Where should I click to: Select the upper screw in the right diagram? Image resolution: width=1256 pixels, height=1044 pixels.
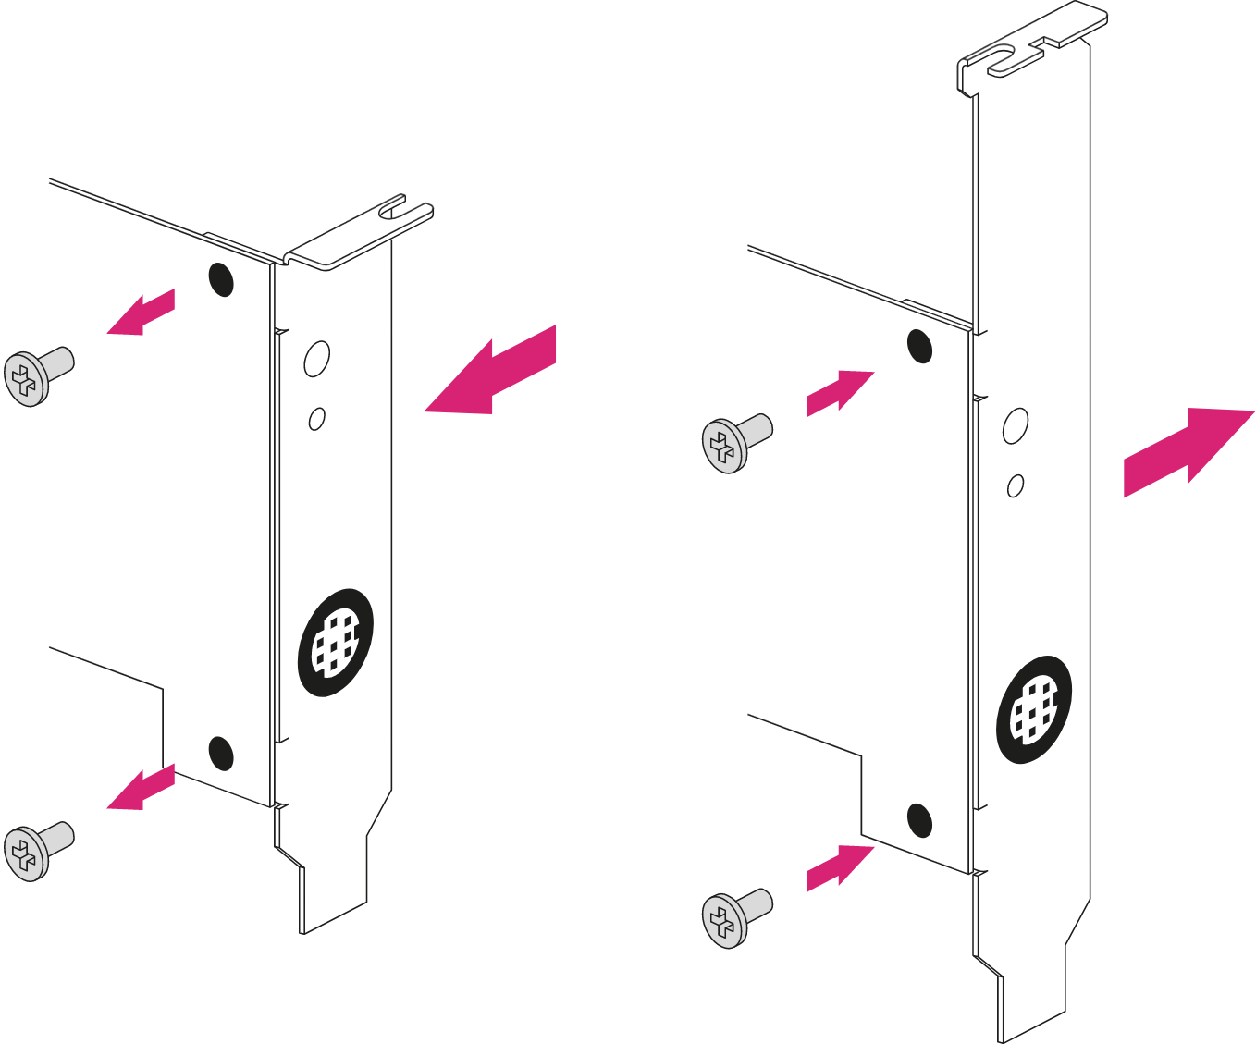(x=735, y=442)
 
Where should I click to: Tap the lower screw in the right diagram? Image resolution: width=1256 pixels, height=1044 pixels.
(x=735, y=917)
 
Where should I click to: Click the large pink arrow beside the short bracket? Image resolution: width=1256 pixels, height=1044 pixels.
(x=495, y=375)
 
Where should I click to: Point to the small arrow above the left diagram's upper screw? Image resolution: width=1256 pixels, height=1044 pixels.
(x=141, y=313)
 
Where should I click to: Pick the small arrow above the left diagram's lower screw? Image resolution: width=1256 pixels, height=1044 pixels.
(x=141, y=788)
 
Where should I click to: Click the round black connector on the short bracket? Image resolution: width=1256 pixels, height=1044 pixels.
(x=335, y=642)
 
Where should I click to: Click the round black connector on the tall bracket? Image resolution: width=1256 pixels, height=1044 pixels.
(x=1034, y=709)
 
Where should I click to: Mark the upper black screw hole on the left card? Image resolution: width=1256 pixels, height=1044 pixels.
(x=221, y=278)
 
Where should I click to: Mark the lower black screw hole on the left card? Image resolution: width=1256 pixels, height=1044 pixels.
(x=221, y=753)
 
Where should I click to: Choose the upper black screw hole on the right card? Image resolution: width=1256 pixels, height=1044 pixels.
(x=919, y=346)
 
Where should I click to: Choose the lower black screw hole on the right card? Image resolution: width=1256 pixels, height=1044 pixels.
(x=919, y=820)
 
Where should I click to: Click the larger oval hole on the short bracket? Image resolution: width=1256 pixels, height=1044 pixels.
(x=316, y=358)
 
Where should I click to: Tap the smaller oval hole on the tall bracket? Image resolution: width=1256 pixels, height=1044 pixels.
(x=1016, y=485)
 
